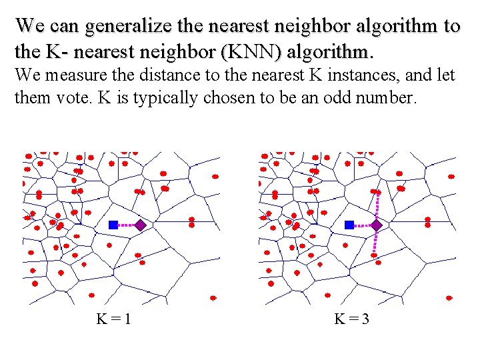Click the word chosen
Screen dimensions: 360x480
click(x=225, y=99)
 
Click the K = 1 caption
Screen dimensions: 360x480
click(x=113, y=319)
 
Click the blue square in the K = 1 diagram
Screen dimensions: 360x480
click(x=113, y=225)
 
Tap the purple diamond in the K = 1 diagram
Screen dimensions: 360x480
click(x=140, y=225)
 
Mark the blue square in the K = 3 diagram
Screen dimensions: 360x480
click(x=349, y=225)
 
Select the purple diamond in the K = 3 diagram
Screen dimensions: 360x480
click(x=376, y=225)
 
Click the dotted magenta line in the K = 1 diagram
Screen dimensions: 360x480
click(x=127, y=225)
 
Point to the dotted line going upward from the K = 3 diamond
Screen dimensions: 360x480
click(x=377, y=207)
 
